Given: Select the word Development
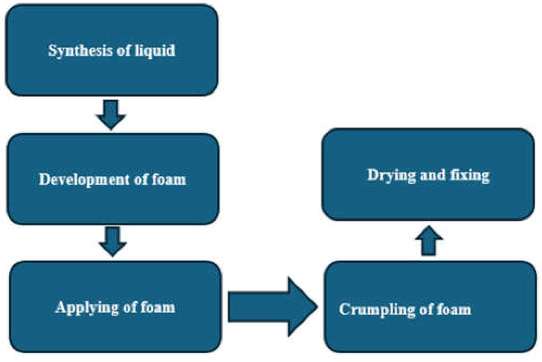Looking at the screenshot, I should [x=84, y=180].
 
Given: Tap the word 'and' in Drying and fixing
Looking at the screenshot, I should [x=433, y=175].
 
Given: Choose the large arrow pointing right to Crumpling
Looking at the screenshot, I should [x=271, y=307].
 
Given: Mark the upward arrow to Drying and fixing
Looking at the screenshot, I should [x=429, y=241].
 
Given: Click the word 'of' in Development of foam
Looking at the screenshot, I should [x=141, y=180].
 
